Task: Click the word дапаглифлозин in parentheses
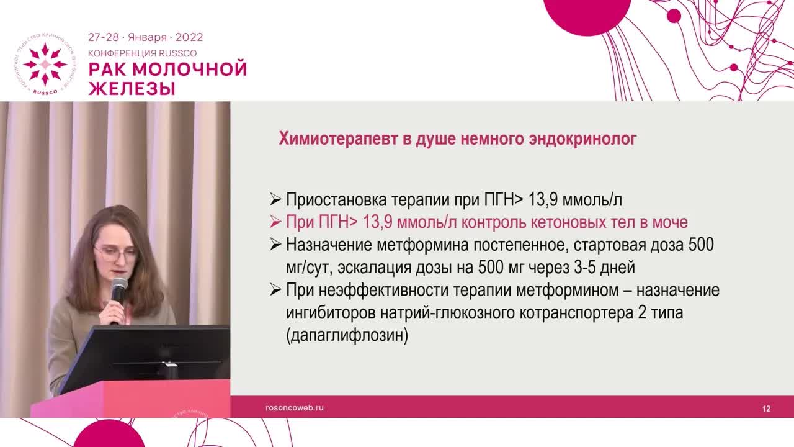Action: pos(347,336)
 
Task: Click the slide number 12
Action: pos(766,409)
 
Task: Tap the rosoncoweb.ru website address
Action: pos(295,408)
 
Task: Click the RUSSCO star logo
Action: pos(45,64)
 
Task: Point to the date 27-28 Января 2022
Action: pos(145,37)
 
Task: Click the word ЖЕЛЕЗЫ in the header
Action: pos(132,88)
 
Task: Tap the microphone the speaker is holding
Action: pos(118,291)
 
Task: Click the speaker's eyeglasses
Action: pos(115,253)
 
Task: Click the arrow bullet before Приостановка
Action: pos(275,200)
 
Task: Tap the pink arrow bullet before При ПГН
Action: pos(275,222)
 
